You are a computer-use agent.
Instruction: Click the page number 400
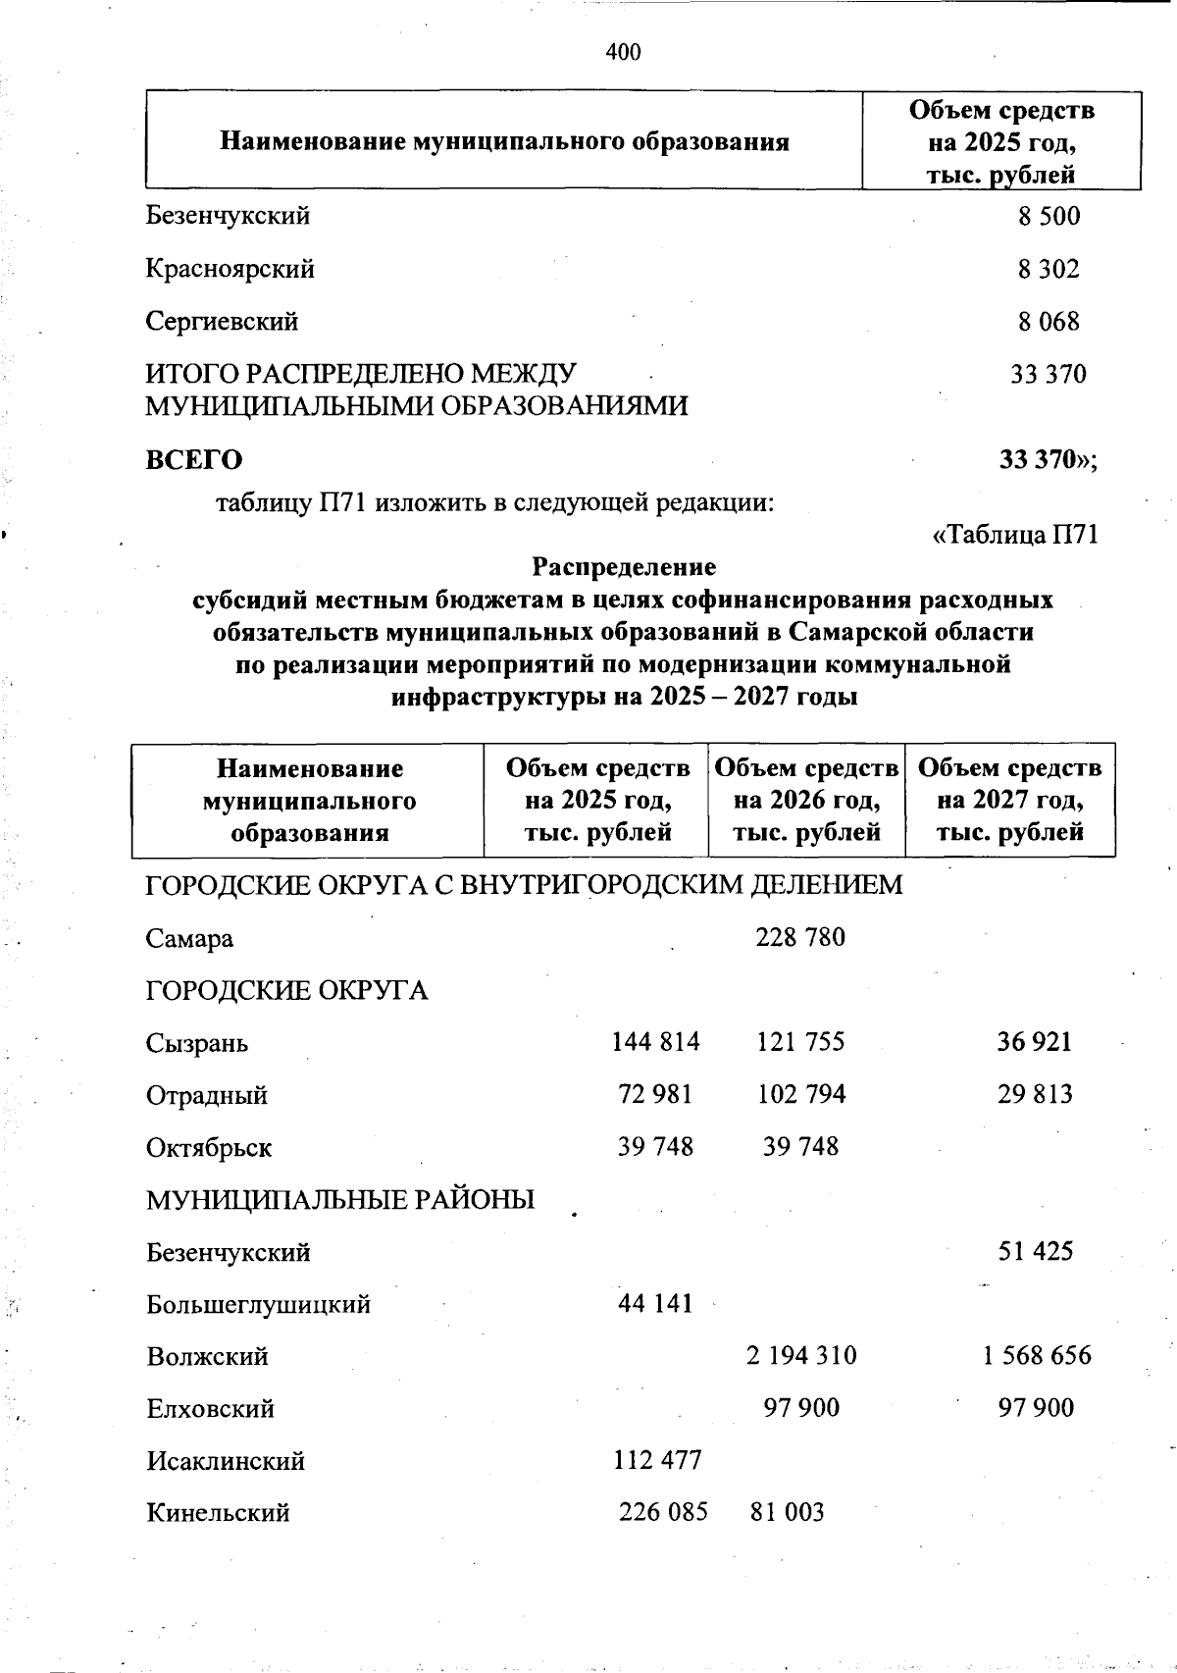click(x=624, y=51)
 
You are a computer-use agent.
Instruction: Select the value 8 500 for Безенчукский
click(x=1049, y=216)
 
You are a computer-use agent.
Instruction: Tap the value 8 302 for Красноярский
click(x=1048, y=269)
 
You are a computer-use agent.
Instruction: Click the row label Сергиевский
click(x=222, y=322)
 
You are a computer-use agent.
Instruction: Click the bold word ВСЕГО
click(x=194, y=459)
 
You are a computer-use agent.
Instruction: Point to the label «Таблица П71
click(x=1014, y=535)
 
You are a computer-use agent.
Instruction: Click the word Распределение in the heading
click(x=624, y=567)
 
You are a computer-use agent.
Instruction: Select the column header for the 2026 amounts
click(x=806, y=800)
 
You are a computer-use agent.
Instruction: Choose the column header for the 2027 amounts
click(x=1009, y=800)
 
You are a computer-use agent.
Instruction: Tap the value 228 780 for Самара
click(x=800, y=937)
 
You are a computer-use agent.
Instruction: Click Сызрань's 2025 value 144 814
click(x=655, y=1042)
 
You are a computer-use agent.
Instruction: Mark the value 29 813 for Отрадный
click(x=1035, y=1094)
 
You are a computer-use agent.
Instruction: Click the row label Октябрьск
click(x=209, y=1147)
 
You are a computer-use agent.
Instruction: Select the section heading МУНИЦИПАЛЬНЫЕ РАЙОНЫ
click(x=340, y=1199)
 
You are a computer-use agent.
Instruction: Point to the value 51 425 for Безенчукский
click(x=1035, y=1251)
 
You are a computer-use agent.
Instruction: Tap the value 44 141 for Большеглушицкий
click(x=655, y=1303)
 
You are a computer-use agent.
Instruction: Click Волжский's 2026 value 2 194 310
click(x=800, y=1356)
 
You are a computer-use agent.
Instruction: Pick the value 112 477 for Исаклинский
click(x=657, y=1460)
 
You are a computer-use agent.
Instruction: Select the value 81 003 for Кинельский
click(x=787, y=1512)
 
